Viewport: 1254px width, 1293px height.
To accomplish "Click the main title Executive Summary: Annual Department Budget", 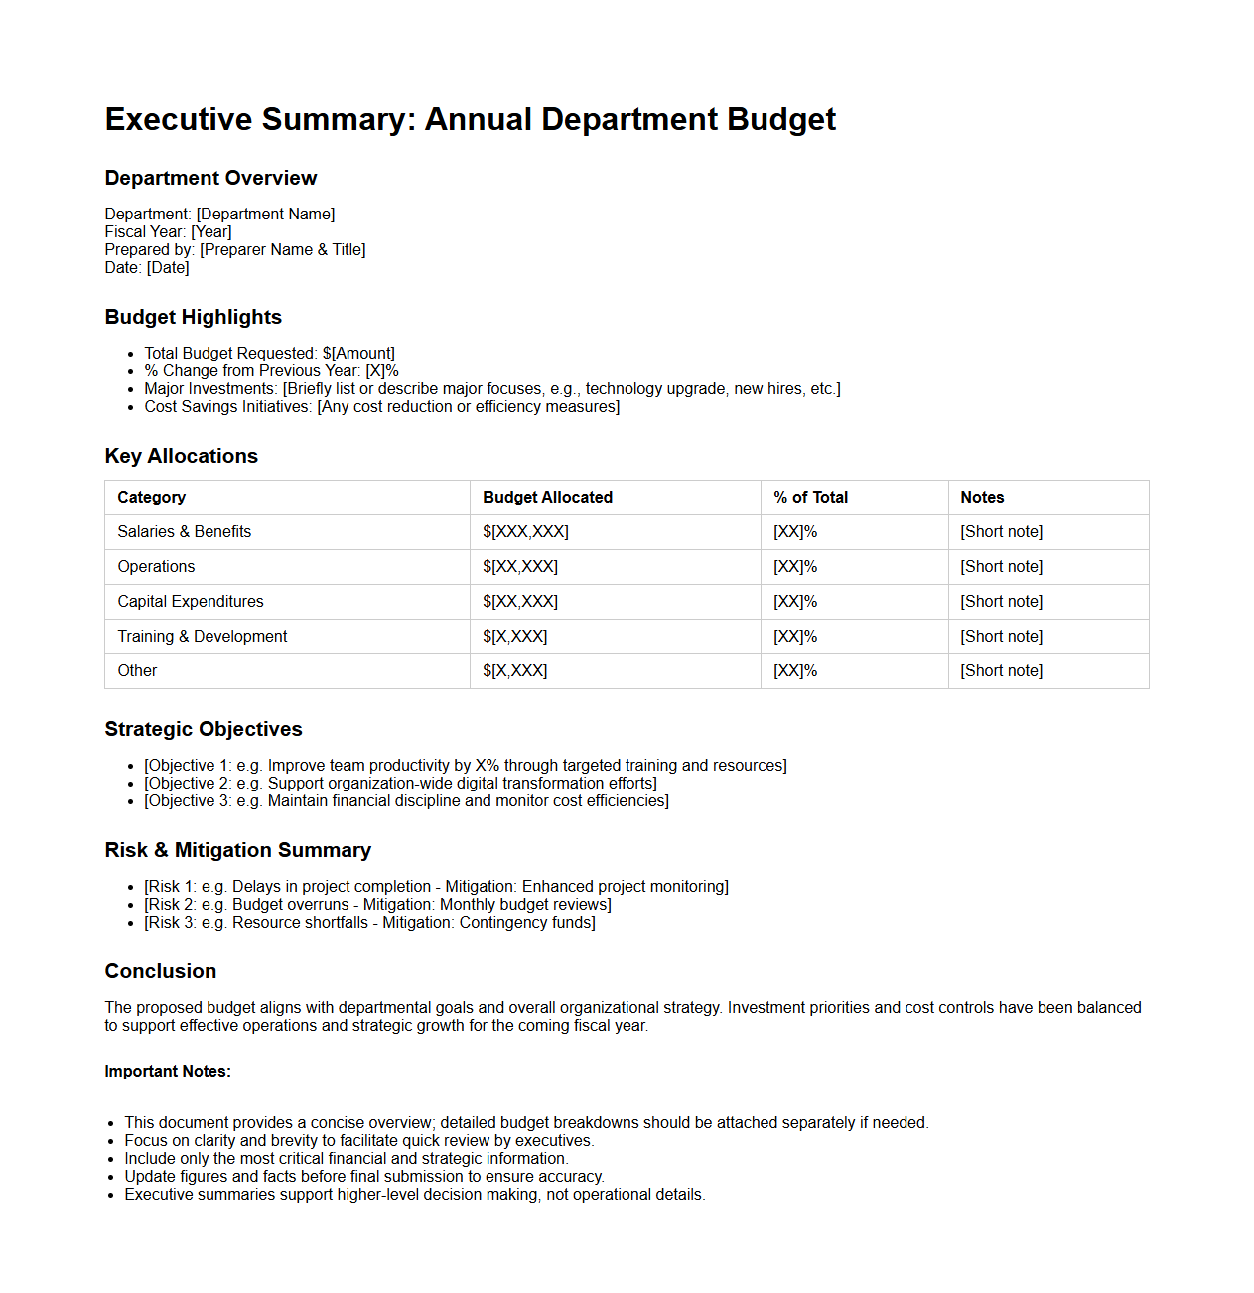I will (x=470, y=119).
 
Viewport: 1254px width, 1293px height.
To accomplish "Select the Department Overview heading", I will (x=210, y=178).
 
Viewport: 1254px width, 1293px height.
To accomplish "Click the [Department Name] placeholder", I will (x=265, y=215).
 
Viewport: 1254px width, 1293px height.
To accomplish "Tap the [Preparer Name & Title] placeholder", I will (x=282, y=250).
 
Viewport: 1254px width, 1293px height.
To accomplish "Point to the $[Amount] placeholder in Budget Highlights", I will (x=358, y=354).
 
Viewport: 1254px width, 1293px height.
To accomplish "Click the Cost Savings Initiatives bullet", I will (x=381, y=407).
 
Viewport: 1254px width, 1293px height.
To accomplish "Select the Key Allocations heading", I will (x=181, y=456).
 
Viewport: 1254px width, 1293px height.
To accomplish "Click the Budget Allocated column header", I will (x=547, y=498).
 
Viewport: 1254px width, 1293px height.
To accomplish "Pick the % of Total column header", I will (x=810, y=498).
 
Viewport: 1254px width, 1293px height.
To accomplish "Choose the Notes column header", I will (x=982, y=498).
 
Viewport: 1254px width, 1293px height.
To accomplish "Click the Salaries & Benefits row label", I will (x=184, y=532).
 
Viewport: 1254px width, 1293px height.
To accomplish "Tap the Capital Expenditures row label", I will (x=191, y=602).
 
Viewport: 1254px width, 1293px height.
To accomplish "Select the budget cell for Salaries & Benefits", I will (x=525, y=532).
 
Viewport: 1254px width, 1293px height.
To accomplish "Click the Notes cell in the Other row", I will (x=1001, y=671).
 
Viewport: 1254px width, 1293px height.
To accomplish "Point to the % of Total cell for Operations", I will (x=795, y=567).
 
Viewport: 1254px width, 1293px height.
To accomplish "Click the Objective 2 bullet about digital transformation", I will (x=400, y=784).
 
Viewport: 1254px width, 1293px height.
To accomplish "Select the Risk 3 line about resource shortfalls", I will (x=369, y=923).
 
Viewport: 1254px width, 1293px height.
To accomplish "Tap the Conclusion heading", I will (x=160, y=971).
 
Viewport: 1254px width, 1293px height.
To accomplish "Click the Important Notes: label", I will (x=168, y=1072).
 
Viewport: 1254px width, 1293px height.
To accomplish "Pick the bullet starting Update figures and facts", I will (x=363, y=1177).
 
